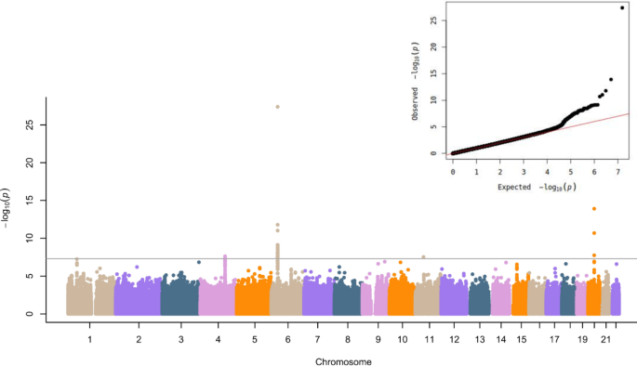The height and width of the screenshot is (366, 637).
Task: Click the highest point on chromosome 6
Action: point(277,107)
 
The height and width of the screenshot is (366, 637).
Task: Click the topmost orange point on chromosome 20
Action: point(594,209)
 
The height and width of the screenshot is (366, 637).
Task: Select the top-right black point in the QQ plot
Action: point(622,8)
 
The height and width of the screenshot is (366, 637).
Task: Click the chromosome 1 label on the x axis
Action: point(89,341)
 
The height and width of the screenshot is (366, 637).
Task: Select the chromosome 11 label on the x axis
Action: point(429,341)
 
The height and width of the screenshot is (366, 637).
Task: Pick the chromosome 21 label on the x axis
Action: point(605,341)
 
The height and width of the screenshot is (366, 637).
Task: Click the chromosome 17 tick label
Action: point(554,341)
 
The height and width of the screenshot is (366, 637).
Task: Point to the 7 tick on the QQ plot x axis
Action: point(618,172)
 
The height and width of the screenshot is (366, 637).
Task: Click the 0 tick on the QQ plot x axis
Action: point(453,172)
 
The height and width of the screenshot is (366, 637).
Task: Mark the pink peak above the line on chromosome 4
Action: point(224,256)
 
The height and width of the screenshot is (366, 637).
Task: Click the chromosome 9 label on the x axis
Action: point(378,341)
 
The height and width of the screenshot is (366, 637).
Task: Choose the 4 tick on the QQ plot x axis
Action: point(548,172)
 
